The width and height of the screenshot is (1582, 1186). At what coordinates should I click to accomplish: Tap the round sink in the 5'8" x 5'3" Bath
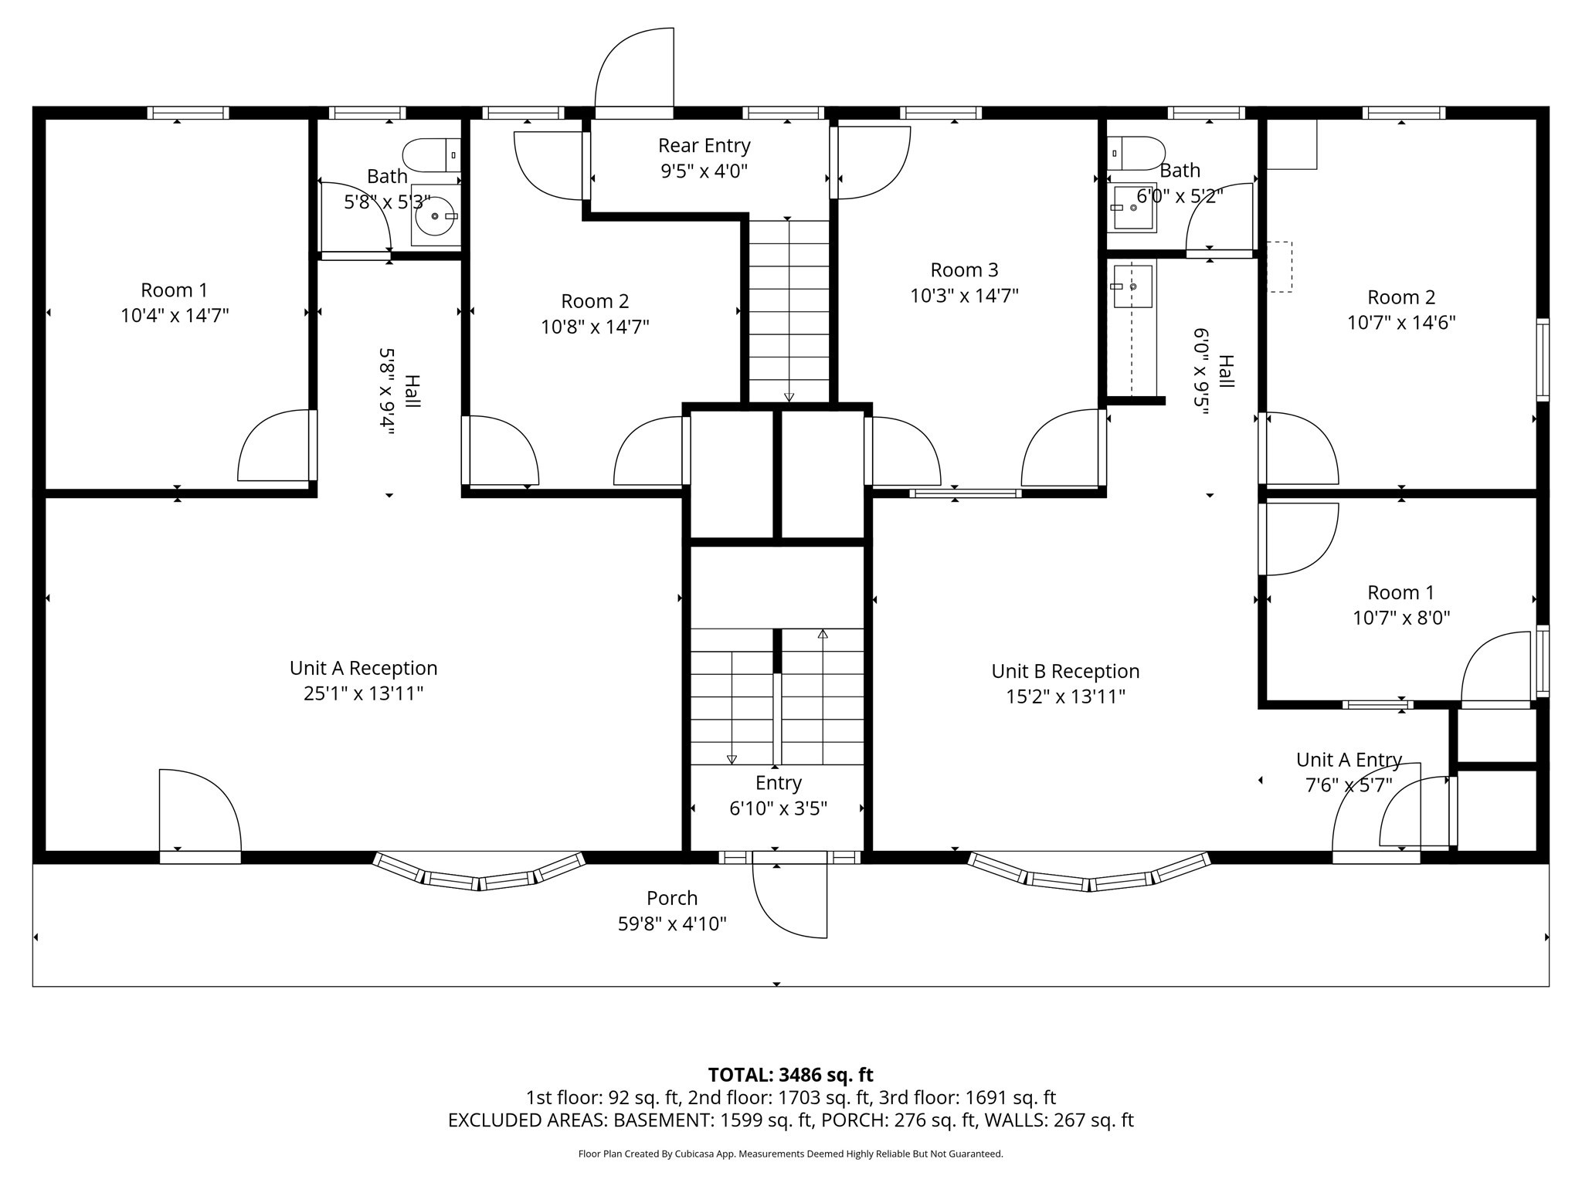(x=435, y=216)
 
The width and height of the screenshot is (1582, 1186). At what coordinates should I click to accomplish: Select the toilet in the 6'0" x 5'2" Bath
(x=1136, y=153)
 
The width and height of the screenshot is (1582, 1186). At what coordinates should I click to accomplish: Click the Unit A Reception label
(x=363, y=668)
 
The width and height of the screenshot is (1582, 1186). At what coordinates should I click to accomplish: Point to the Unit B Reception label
(x=1065, y=671)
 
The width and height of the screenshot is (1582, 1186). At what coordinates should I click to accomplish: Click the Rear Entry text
(x=704, y=145)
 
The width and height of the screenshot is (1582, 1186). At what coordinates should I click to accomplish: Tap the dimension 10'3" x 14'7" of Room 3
(x=964, y=296)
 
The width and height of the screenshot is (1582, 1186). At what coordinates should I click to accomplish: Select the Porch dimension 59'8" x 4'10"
(x=672, y=923)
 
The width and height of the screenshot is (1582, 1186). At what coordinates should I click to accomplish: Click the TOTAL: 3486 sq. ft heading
(x=790, y=1074)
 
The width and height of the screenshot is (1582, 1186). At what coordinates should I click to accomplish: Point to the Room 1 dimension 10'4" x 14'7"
(x=175, y=315)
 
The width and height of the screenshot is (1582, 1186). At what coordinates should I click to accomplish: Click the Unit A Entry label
(x=1349, y=760)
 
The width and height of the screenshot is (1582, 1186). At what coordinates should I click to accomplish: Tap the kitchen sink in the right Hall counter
(x=1132, y=286)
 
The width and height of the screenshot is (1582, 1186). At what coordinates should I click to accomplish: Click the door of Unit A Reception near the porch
(x=200, y=811)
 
